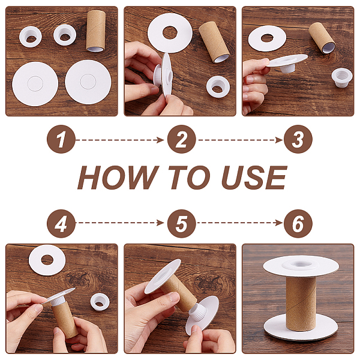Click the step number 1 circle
point(61,139)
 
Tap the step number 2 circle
point(182,139)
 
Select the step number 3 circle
point(298,139)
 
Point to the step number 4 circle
point(61,223)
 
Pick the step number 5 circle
point(182,223)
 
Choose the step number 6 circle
point(298,223)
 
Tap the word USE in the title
point(254,178)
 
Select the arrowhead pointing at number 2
point(161,140)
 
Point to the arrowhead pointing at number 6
point(280,223)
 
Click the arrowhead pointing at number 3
point(280,140)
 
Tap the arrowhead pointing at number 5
point(161,223)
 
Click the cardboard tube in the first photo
point(96,31)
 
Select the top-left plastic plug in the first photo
point(31,37)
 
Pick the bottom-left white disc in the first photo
point(35,84)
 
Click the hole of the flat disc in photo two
point(170,32)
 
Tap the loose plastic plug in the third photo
point(342,77)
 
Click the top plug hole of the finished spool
point(301,264)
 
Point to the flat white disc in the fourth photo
point(47,260)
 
